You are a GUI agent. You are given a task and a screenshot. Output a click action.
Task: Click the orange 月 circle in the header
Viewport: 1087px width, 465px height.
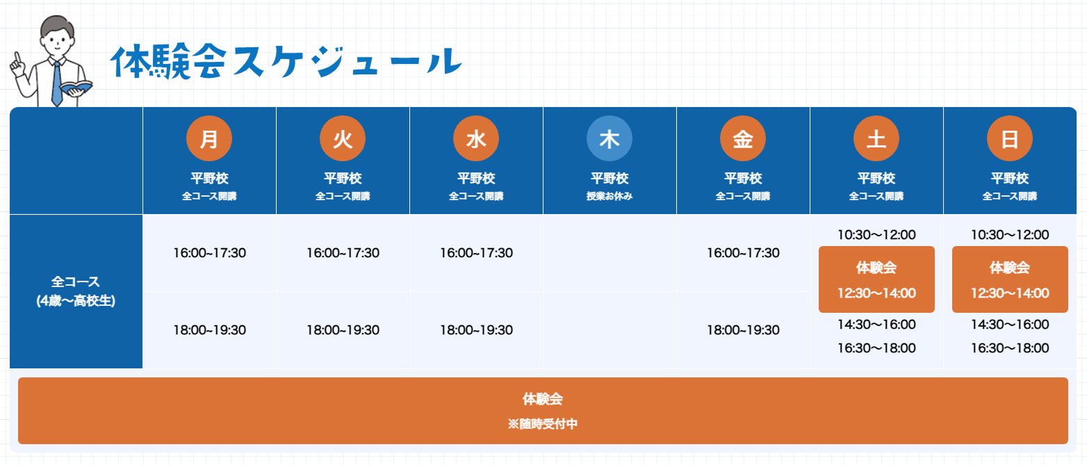point(209,138)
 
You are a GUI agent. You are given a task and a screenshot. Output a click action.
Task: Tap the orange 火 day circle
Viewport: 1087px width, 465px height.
point(343,138)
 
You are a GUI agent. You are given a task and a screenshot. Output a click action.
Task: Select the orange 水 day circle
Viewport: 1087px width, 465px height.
point(476,138)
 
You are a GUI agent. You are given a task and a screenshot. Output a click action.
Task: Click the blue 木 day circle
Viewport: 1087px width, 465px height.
point(610,138)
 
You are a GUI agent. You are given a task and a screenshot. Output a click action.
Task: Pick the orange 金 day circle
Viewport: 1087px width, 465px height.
point(743,138)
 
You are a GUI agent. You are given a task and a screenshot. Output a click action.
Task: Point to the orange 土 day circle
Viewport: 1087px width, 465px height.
point(876,138)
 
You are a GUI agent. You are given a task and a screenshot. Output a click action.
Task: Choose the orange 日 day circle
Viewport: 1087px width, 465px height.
point(1010,138)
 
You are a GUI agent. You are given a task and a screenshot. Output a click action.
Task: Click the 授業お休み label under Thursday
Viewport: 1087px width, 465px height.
point(610,196)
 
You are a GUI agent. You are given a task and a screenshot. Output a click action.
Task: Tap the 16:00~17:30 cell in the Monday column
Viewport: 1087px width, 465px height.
point(210,253)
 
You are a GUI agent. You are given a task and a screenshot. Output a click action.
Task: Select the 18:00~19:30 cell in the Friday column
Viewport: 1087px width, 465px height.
point(743,330)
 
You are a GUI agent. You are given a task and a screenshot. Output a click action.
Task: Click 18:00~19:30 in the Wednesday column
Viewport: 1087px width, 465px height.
point(476,330)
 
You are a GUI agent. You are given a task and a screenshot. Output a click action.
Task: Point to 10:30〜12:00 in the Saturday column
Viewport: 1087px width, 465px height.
point(876,235)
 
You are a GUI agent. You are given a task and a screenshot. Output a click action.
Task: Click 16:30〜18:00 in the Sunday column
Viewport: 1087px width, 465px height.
point(1010,348)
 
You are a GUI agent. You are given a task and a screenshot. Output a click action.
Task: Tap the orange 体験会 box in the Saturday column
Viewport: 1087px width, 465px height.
point(876,279)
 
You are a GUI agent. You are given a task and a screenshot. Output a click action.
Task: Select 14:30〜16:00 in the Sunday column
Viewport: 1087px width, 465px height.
point(1010,324)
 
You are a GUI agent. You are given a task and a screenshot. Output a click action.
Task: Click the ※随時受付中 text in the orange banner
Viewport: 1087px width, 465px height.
point(543,424)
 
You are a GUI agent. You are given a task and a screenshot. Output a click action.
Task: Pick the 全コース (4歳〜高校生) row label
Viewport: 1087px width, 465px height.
point(76,291)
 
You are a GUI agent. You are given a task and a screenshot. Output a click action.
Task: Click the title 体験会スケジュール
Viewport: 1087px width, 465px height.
point(286,62)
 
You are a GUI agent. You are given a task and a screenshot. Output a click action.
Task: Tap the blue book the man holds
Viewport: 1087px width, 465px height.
point(76,88)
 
